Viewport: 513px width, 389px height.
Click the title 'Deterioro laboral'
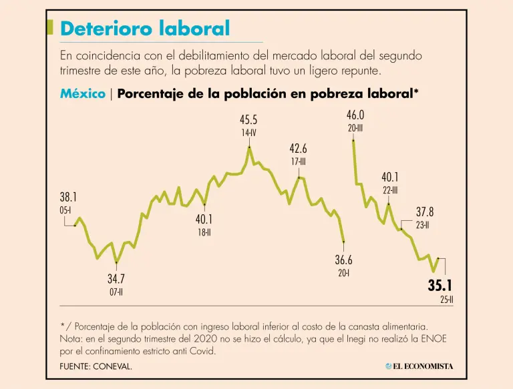tap(145, 29)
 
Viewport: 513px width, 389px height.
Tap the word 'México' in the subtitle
tap(82, 94)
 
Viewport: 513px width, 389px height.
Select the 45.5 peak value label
tap(248, 120)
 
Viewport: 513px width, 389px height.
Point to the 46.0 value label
tap(355, 115)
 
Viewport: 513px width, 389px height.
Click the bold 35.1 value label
tap(440, 286)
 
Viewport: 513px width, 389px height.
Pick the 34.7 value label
tap(116, 279)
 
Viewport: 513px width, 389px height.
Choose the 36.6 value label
tap(343, 260)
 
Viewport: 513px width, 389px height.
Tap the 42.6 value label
tap(298, 148)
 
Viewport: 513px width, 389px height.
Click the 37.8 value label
tap(425, 212)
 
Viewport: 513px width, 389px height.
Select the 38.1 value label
tap(69, 197)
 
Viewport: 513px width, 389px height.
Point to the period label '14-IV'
tap(248, 133)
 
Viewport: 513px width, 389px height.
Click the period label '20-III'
tap(355, 127)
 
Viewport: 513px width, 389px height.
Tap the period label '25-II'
tap(447, 300)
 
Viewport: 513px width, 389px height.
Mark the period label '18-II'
tap(204, 232)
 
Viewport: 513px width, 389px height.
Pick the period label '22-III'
tap(390, 189)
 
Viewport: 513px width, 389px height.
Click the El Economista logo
tap(419, 366)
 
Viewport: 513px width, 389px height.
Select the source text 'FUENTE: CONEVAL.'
tap(96, 366)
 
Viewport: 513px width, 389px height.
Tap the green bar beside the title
tap(50, 27)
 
